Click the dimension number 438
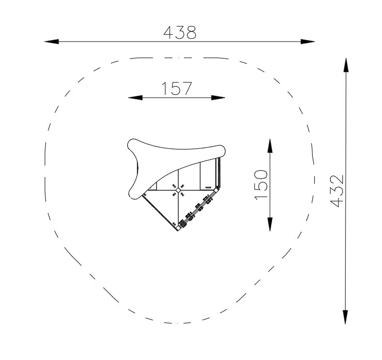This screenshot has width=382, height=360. [x=180, y=32]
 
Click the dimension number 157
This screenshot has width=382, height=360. [x=177, y=89]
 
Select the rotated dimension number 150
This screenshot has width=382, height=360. [x=261, y=185]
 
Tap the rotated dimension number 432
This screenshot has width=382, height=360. [x=336, y=191]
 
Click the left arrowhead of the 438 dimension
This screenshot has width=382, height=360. [x=51, y=42]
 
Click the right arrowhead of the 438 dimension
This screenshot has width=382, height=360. [x=307, y=42]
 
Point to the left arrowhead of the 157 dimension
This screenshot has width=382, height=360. [x=135, y=98]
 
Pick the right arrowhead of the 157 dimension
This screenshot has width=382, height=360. [x=218, y=98]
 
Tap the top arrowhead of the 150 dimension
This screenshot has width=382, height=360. [x=270, y=146]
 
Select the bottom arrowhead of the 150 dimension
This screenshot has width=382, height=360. [x=270, y=224]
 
